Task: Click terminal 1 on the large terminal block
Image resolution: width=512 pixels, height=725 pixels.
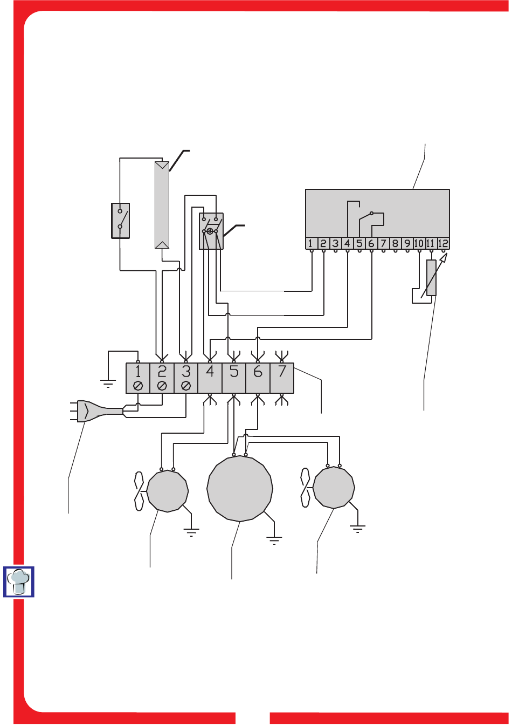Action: pos(138,378)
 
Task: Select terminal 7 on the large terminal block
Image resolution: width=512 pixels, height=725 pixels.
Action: pos(282,378)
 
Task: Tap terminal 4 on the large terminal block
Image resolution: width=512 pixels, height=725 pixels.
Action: pos(210,378)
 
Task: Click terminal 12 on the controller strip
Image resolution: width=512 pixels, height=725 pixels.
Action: pos(443,243)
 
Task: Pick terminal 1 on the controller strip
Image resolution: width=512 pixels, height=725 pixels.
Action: pos(311,243)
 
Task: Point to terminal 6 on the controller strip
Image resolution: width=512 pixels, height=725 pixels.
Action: pos(371,243)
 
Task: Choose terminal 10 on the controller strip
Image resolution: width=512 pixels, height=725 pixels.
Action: pos(419,243)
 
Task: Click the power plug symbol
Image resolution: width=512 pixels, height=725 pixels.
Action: pos(96,412)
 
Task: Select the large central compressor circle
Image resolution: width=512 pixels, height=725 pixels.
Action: pos(240,489)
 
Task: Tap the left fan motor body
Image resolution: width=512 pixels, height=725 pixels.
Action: pos(168,491)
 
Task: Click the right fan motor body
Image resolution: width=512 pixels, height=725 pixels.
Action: pos(334,488)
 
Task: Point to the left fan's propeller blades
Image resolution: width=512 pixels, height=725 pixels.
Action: pos(139,491)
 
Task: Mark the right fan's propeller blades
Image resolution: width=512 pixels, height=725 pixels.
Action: pos(306,488)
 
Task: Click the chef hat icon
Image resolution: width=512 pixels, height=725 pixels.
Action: pos(19,582)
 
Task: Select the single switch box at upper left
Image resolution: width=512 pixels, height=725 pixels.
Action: pos(120,221)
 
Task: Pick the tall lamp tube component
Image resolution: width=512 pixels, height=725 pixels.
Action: pos(162,205)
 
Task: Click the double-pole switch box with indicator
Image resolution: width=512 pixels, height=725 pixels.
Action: pos(211,231)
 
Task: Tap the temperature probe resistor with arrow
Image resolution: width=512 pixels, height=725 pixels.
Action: pos(431,277)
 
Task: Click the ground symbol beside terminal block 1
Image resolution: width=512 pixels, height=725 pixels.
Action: pos(108,384)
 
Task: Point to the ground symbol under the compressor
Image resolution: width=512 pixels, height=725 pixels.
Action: pos(274,541)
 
